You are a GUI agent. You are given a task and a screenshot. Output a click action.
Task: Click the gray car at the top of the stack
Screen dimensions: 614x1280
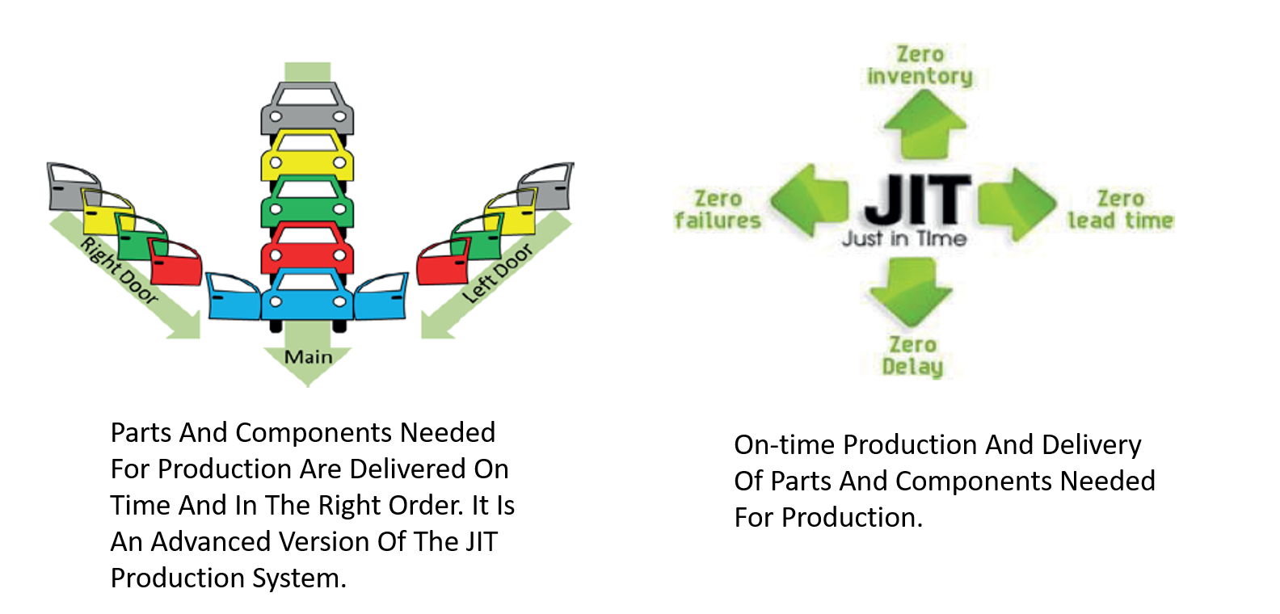pos(307,109)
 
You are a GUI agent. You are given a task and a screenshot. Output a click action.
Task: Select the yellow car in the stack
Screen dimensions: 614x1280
pos(307,156)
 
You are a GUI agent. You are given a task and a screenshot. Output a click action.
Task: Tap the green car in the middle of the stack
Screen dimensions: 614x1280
pos(307,202)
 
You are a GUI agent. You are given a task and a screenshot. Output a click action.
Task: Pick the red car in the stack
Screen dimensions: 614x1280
pos(307,249)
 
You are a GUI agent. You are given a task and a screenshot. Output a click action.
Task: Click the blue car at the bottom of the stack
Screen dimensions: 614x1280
pos(307,296)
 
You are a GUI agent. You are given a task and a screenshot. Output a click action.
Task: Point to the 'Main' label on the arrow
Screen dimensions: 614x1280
pos(308,357)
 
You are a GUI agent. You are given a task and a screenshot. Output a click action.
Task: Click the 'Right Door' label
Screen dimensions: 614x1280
pos(119,271)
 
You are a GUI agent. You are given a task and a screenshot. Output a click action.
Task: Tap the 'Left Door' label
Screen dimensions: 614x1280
pos(497,273)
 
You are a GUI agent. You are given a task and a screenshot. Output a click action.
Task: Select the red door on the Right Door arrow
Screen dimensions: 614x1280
pos(175,262)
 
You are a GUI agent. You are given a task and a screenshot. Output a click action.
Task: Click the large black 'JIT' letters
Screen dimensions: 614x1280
pos(917,200)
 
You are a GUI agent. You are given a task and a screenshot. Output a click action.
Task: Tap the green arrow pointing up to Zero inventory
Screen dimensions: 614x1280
pos(925,124)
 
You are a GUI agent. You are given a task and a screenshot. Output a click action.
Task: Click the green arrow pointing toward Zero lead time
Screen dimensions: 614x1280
pos(1017,204)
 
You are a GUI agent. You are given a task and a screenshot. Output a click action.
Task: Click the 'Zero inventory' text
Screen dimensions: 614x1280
pos(920,65)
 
